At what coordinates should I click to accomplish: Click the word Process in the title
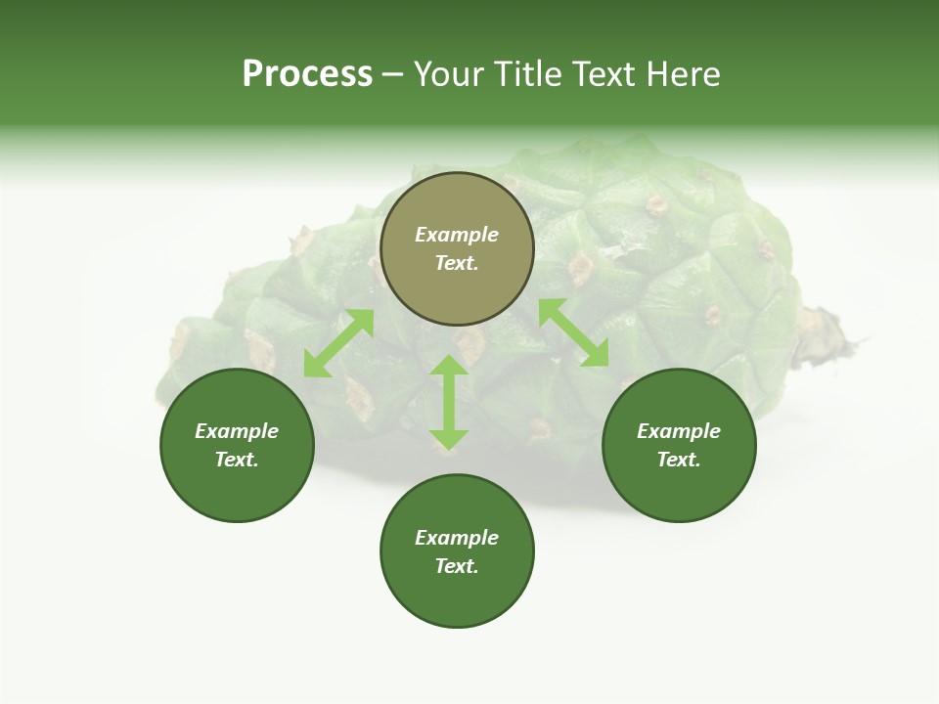click(307, 74)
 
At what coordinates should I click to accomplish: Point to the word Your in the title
click(447, 74)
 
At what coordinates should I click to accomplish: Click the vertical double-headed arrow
click(449, 402)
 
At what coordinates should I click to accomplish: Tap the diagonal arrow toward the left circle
click(338, 343)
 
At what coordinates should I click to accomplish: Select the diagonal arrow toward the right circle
click(573, 332)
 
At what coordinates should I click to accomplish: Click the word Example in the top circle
click(457, 235)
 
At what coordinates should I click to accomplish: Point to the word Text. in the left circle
click(237, 460)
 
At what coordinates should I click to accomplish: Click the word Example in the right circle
click(679, 431)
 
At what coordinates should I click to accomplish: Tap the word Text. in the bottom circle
click(457, 566)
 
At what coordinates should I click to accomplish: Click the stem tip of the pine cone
click(851, 342)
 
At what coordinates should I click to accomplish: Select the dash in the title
click(392, 74)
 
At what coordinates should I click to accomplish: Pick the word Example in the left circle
click(237, 431)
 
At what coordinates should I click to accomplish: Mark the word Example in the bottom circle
click(457, 538)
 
